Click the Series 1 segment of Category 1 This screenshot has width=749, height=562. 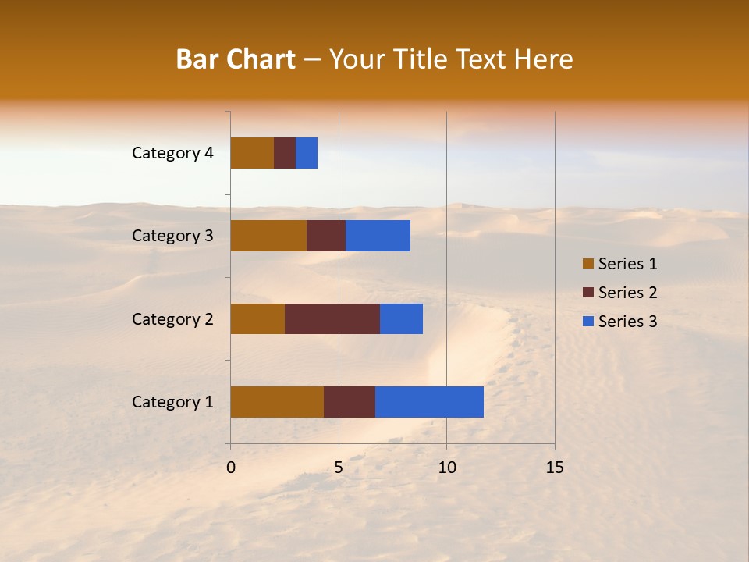277,402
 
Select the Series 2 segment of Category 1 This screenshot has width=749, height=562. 350,402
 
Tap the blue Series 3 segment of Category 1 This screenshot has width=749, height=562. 429,402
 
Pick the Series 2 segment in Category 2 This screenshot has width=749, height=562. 332,318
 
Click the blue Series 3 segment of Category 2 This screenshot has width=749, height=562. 401,318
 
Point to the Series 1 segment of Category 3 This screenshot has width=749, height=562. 268,236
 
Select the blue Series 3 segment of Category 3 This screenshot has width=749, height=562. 378,236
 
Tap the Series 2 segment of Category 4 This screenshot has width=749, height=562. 285,153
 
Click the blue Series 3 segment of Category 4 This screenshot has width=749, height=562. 307,153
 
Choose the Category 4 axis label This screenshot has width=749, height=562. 172,153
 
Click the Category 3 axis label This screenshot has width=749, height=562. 172,236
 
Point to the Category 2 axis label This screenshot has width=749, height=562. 172,318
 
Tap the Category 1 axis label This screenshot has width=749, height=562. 172,402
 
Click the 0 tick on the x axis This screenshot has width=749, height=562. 231,468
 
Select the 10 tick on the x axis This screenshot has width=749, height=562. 446,468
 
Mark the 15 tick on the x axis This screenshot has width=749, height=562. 554,468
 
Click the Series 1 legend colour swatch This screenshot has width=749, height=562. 587,264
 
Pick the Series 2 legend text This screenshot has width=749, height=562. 627,293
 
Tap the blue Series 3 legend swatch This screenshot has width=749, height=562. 587,322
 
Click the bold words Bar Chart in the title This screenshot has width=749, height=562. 236,59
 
